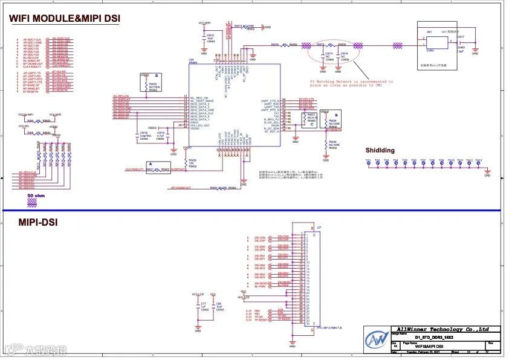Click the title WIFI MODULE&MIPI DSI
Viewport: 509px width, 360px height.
click(x=64, y=19)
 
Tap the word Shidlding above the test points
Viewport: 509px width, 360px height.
click(x=380, y=150)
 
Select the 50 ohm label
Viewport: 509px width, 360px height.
click(x=36, y=196)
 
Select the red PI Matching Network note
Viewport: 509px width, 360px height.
click(x=351, y=83)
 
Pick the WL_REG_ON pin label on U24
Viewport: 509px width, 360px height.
click(x=199, y=97)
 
